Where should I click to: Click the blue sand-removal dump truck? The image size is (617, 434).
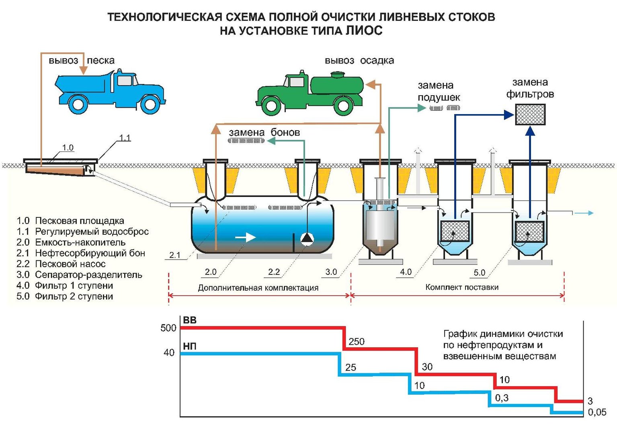coord(110,92)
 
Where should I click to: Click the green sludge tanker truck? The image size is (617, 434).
coord(310,93)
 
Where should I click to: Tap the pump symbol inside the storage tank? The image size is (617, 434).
coord(307,239)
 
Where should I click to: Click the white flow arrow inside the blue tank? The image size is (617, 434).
coord(246,237)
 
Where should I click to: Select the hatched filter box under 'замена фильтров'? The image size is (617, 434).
coord(530,114)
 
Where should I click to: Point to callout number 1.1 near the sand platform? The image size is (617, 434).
coord(125,138)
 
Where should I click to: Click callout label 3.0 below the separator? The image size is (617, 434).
coord(331,272)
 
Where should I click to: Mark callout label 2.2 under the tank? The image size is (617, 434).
coord(274,272)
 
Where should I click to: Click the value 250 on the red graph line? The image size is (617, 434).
coord(357,342)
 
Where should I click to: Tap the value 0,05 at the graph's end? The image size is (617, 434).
coord(597,412)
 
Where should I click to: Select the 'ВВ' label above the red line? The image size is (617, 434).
coord(190,320)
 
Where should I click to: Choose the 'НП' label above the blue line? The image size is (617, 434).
coord(190,346)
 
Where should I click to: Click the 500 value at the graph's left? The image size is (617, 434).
coord(168,328)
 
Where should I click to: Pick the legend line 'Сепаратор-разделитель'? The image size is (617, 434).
coord(88,274)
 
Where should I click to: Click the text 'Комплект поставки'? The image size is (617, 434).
coord(462,287)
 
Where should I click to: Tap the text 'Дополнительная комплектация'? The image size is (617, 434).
coord(258,288)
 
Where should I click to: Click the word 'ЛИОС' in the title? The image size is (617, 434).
coord(364,30)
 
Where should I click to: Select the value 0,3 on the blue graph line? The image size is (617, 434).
coord(502,398)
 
